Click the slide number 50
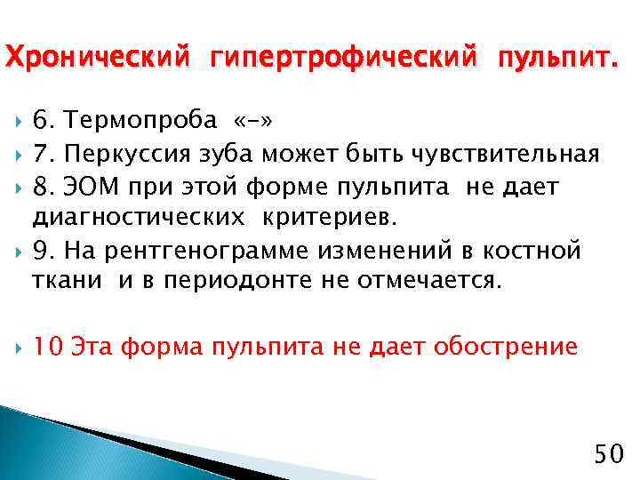click(609, 455)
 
